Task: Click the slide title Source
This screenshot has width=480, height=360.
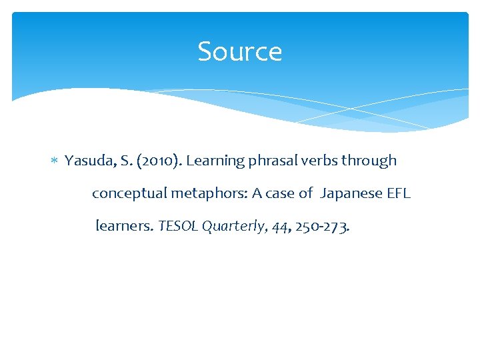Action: coord(240,51)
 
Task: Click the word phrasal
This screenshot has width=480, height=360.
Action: coord(271,161)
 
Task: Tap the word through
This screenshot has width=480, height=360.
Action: coord(369,161)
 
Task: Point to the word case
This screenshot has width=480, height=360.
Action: coord(281,193)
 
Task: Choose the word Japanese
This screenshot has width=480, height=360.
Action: coord(351,194)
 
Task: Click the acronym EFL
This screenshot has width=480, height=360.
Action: coord(399,193)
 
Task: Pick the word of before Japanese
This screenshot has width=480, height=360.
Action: coord(305,193)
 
